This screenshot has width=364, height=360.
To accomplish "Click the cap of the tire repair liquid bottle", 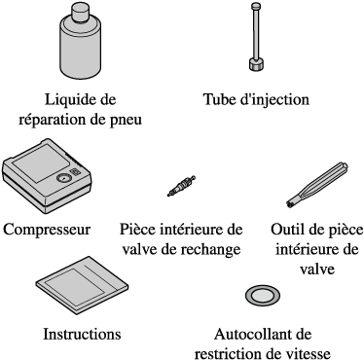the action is click(x=80, y=14).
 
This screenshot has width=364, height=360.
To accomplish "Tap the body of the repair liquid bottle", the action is click(x=80, y=52).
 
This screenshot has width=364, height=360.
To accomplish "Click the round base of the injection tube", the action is click(x=256, y=64).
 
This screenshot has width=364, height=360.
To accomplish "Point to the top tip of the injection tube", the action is click(x=256, y=3).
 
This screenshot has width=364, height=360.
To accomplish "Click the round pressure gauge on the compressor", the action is click(x=63, y=178).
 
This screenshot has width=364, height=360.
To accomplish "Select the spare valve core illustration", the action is click(x=181, y=186).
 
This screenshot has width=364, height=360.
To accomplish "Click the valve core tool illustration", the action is click(x=317, y=184).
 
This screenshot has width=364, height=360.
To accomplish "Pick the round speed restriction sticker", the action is click(x=263, y=296).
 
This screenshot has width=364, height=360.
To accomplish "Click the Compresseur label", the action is click(x=47, y=230).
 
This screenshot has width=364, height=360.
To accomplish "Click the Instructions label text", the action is click(x=82, y=334).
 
